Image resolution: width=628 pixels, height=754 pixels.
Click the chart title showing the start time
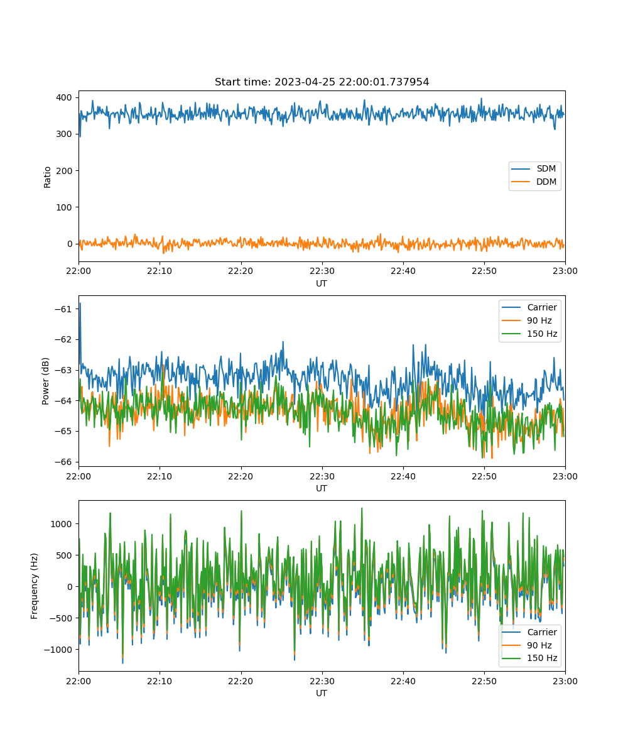(322, 82)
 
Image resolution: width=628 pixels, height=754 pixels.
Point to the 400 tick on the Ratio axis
(64, 97)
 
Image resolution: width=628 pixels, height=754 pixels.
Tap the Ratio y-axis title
(47, 177)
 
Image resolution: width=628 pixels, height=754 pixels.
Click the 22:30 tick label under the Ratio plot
(322, 271)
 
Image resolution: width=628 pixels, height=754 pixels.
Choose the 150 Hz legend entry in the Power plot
(529, 334)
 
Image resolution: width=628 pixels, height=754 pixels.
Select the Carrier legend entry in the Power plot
(529, 307)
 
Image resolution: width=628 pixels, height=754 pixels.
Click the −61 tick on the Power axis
(63, 309)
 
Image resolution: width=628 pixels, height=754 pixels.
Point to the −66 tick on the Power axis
(63, 462)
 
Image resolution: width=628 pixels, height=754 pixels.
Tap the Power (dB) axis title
(45, 381)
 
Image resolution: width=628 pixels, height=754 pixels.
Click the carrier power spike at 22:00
(80, 304)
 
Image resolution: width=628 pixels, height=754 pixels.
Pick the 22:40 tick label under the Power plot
(403, 476)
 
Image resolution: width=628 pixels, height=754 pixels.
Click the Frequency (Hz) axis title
(35, 586)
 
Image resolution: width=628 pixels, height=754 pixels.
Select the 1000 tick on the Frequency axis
(61, 524)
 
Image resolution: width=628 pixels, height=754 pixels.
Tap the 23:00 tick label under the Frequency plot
(565, 681)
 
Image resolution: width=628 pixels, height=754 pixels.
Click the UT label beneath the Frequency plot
(321, 693)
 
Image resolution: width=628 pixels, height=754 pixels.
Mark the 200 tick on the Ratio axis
(64, 171)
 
